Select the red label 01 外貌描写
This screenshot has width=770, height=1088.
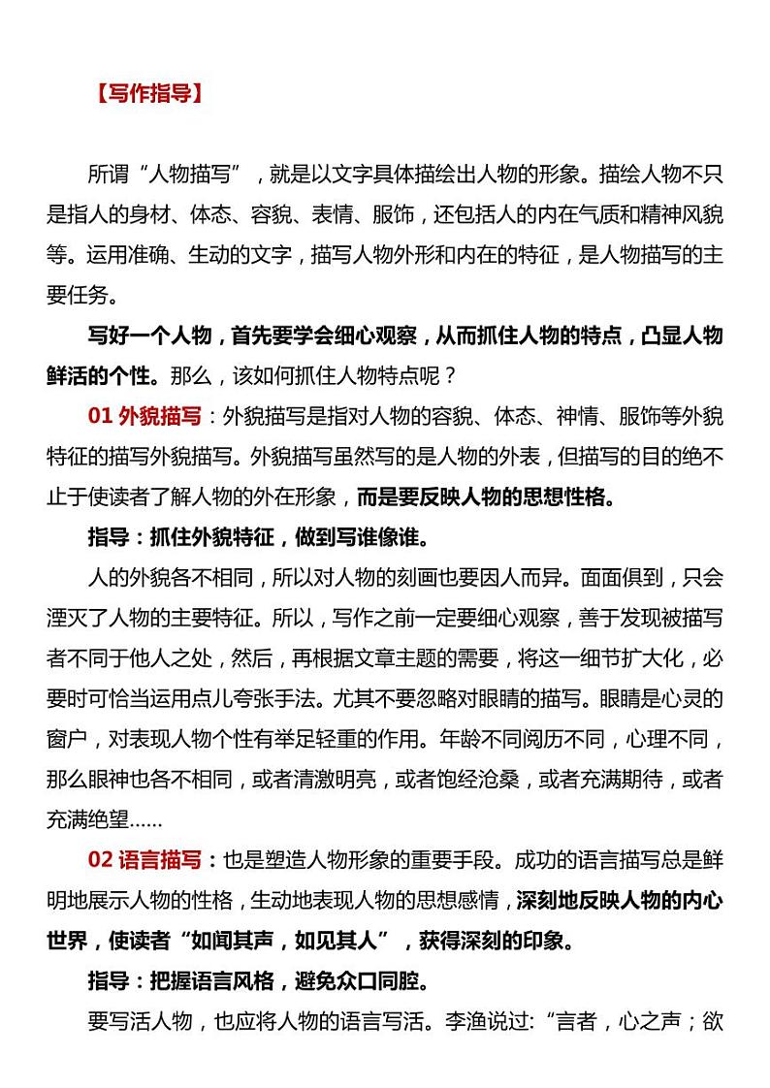145,417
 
